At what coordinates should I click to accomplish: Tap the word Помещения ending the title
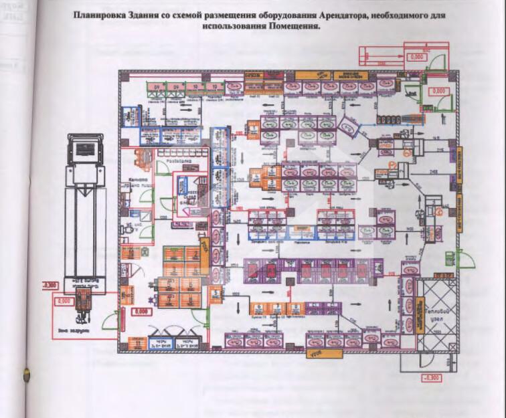point(293,27)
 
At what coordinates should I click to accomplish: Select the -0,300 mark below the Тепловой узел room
point(431,379)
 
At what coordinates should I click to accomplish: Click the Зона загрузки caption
point(81,330)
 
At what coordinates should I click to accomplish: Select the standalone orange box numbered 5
point(216,292)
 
